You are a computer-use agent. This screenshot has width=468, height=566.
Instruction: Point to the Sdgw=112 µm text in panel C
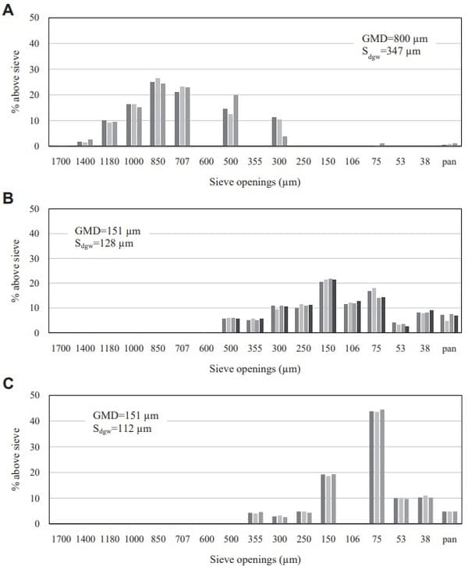(x=119, y=430)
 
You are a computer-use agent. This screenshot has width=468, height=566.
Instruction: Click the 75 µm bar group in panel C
(x=377, y=468)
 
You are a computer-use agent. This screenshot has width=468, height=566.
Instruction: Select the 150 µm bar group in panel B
(x=328, y=306)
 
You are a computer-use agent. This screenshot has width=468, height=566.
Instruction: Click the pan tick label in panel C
(x=449, y=536)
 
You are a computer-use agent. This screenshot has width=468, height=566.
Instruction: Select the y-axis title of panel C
(x=16, y=460)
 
